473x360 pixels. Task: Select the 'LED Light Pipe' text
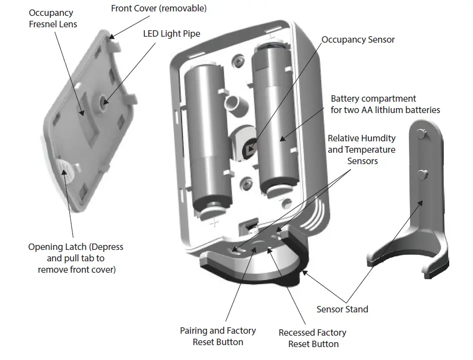tap(172, 34)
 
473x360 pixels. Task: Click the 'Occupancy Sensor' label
tap(358, 40)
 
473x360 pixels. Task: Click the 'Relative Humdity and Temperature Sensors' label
tap(361, 149)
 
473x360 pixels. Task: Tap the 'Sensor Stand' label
tap(342, 309)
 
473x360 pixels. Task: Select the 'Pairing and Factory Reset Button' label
tap(218, 336)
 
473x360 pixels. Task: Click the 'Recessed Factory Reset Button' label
tap(312, 338)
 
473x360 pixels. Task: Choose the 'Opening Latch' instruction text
tap(75, 258)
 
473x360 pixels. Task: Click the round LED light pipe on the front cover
tap(105, 101)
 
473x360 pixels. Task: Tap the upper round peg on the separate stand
tap(421, 133)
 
